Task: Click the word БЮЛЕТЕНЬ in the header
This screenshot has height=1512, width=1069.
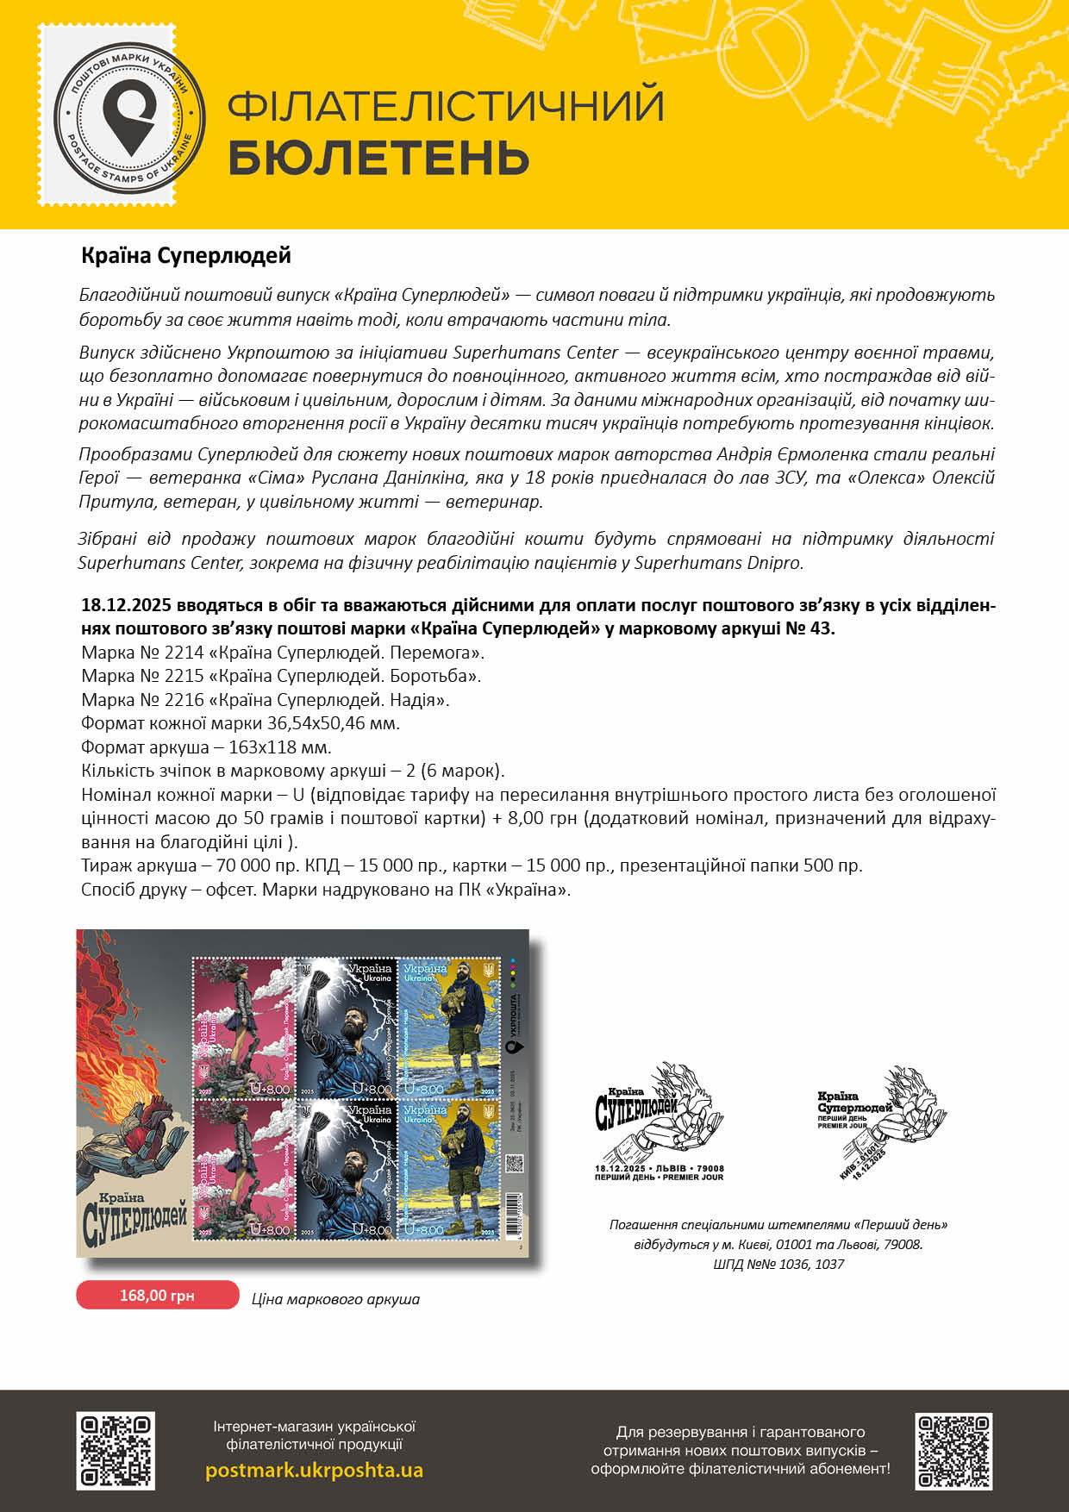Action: point(378,158)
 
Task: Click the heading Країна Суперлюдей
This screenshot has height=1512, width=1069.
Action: point(186,255)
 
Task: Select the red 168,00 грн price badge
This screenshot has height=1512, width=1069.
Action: point(157,1295)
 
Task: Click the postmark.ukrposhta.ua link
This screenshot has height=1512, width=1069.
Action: point(314,1470)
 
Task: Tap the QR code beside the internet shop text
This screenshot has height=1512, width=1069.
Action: point(116,1451)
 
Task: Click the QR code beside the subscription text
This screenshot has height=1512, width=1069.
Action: point(953,1451)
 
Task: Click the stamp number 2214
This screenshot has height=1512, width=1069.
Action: point(184,653)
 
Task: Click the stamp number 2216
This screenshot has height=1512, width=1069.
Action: point(184,700)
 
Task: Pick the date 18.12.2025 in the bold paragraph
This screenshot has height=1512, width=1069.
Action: point(126,605)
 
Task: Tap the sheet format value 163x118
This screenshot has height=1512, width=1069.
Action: point(258,747)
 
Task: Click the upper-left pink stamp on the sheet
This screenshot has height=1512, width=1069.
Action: point(243,1026)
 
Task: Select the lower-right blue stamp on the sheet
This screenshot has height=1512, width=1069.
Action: point(449,1168)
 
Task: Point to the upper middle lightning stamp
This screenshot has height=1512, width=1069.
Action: point(346,1026)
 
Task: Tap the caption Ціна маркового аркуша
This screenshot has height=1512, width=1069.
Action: point(335,1299)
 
